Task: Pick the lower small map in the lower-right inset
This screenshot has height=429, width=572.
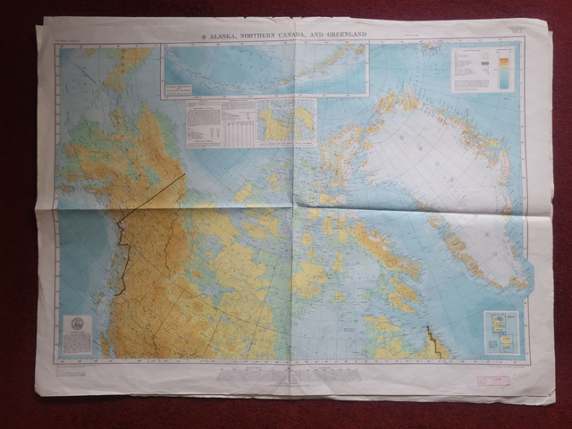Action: pos(501,343)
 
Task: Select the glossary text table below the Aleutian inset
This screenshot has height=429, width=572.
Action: pos(221,122)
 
